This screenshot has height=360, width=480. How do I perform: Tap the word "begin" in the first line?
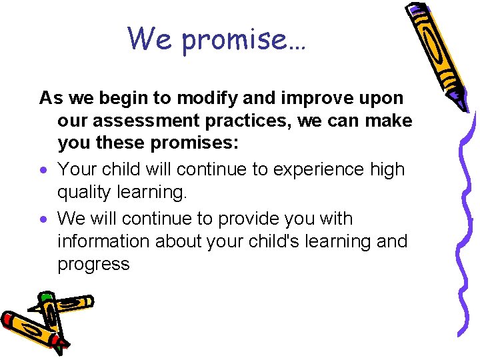(124, 98)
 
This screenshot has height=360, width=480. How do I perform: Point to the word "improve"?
(306, 99)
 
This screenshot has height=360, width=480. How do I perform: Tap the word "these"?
(117, 144)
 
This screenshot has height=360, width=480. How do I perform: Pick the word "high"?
(386, 170)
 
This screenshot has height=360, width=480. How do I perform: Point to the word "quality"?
(83, 193)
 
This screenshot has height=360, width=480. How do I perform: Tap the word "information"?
(104, 241)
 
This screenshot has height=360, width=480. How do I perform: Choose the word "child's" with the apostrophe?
(263, 241)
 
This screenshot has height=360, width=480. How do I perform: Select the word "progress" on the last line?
(93, 265)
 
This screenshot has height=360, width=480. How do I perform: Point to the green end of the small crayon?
(45, 297)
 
